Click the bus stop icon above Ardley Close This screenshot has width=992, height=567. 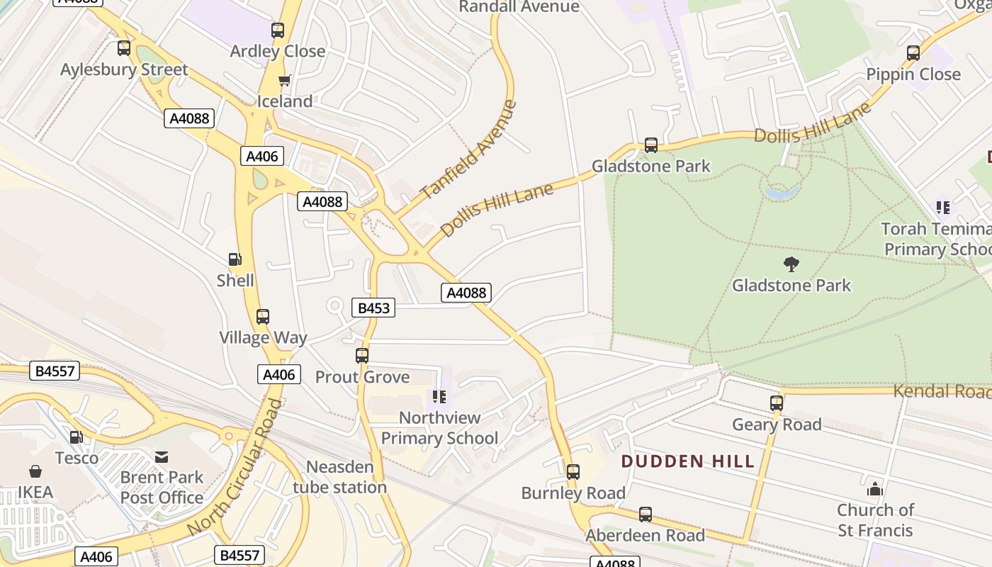(x=278, y=30)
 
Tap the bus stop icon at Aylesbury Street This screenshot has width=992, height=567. (x=124, y=48)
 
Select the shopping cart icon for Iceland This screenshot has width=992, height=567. (x=285, y=81)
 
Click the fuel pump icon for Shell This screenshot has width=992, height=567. (x=235, y=260)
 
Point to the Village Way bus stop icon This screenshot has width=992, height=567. (x=263, y=317)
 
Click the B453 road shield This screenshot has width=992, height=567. (x=373, y=308)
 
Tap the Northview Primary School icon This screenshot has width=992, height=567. (x=439, y=397)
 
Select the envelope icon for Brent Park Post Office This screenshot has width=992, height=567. (x=162, y=457)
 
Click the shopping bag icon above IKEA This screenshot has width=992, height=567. (x=35, y=471)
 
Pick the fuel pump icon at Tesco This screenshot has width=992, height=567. (x=77, y=437)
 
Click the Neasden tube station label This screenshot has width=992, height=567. (x=339, y=477)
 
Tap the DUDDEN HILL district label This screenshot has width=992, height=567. (x=687, y=462)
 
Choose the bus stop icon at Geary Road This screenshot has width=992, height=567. (x=777, y=403)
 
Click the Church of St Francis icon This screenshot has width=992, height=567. (x=875, y=489)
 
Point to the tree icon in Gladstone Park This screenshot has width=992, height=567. (x=791, y=264)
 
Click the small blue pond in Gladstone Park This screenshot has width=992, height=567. (x=781, y=191)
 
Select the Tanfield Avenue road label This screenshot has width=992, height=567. (x=468, y=150)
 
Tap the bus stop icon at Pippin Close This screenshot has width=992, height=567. (x=913, y=53)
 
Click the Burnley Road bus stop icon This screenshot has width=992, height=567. (x=573, y=471)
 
